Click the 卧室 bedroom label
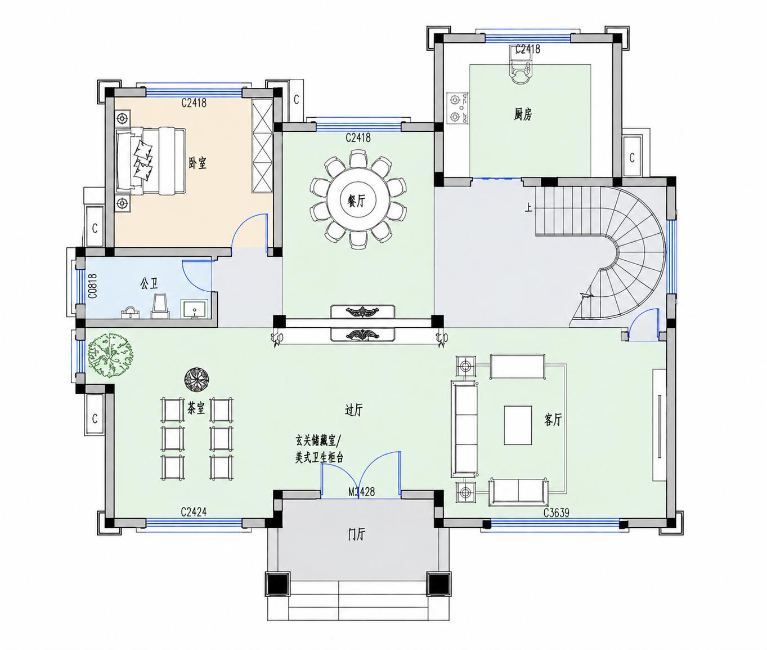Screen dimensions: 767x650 198,163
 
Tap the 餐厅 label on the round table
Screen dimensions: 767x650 356,201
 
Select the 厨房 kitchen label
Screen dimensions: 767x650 523,114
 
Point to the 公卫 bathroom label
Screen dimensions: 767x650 149,284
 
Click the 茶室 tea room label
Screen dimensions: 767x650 196,408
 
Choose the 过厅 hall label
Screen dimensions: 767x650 353,410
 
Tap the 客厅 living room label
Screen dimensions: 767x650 553,420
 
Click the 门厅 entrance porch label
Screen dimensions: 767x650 356,535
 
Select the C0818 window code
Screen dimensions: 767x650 93,286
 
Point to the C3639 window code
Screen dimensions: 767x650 556,513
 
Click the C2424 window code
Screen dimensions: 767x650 194,512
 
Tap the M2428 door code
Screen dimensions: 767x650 361,492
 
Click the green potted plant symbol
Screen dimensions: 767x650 110,355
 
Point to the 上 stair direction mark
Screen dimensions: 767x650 528,207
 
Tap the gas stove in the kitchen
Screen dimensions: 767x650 457,109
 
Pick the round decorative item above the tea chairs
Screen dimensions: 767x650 196,379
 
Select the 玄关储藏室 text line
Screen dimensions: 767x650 315,441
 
